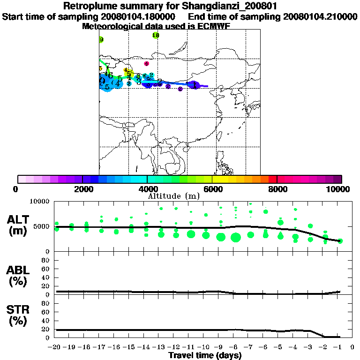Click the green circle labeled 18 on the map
(x=156, y=36)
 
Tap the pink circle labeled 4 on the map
(x=146, y=64)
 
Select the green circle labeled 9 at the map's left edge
(x=101, y=40)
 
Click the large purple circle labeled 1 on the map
(x=194, y=85)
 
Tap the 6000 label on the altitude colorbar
(x=212, y=189)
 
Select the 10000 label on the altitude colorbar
(x=338, y=189)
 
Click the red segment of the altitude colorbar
(x=272, y=179)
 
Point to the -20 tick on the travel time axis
(x=54, y=347)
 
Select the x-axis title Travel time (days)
(x=205, y=356)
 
